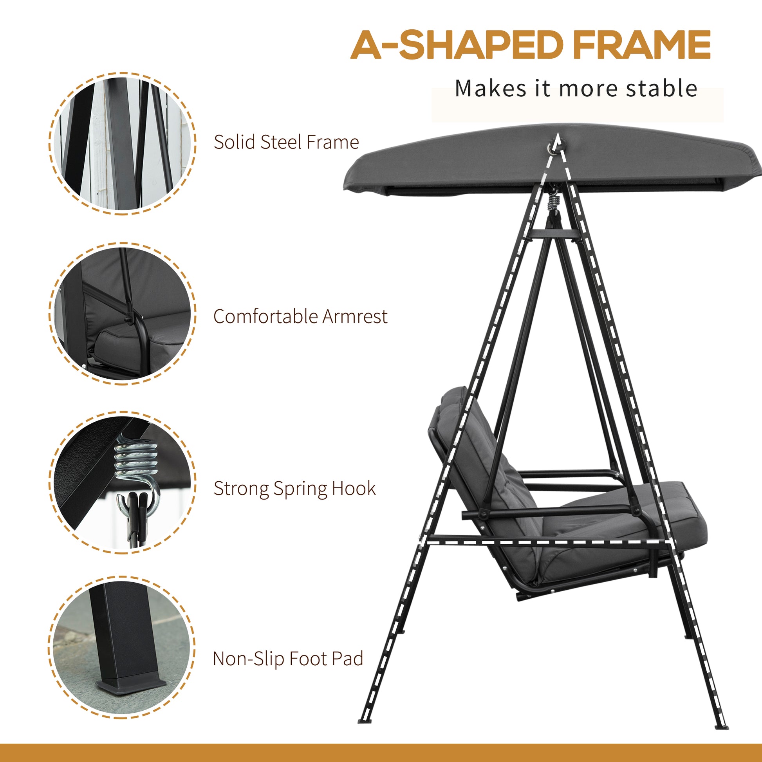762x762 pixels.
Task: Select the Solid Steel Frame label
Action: (x=286, y=142)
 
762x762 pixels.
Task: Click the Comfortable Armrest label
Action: (x=301, y=316)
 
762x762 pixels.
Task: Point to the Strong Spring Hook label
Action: (x=294, y=489)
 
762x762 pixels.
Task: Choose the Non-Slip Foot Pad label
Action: (x=288, y=659)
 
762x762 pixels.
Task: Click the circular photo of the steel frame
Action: (x=122, y=144)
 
